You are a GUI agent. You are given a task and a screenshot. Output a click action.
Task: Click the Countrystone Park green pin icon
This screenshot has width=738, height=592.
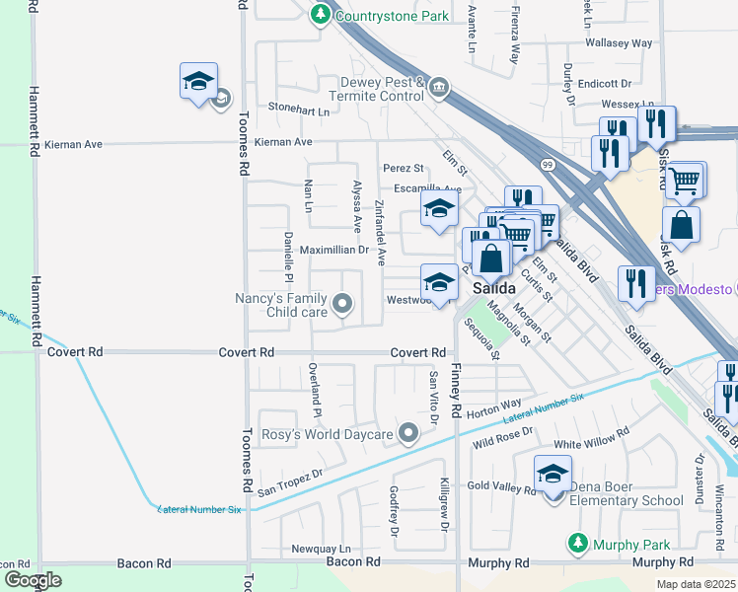coord(321,15)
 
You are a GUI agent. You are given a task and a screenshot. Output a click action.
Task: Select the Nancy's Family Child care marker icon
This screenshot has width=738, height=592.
coord(342,304)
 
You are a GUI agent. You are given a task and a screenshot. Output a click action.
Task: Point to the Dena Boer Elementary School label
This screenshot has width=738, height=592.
coord(622,500)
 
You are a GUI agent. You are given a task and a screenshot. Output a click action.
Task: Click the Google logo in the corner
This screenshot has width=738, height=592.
coord(33,579)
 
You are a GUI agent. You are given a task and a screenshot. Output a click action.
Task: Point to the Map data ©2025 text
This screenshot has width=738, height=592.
coord(695,583)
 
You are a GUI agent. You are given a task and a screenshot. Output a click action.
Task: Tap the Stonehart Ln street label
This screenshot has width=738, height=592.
coord(299,111)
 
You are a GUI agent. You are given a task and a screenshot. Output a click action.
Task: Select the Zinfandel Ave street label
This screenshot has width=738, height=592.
coord(380,235)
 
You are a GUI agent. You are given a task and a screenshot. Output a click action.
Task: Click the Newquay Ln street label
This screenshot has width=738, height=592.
coord(321,549)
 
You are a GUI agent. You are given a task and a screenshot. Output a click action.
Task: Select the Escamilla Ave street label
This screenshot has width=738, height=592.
coord(427,189)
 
